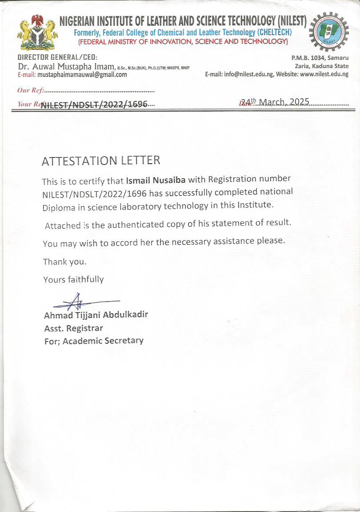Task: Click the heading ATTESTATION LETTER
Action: (x=101, y=161)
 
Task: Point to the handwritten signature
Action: (x=80, y=303)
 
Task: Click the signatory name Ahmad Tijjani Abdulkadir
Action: (x=96, y=315)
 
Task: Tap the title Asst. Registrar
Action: (x=73, y=328)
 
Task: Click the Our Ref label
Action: (x=30, y=90)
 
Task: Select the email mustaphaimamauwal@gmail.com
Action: (x=82, y=75)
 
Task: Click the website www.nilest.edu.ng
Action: (x=324, y=74)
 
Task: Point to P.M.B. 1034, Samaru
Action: (x=320, y=58)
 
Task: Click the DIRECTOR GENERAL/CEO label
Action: (x=57, y=57)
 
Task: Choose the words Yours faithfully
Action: (x=73, y=279)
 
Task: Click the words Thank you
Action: (x=64, y=262)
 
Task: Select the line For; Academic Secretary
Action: (x=94, y=341)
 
